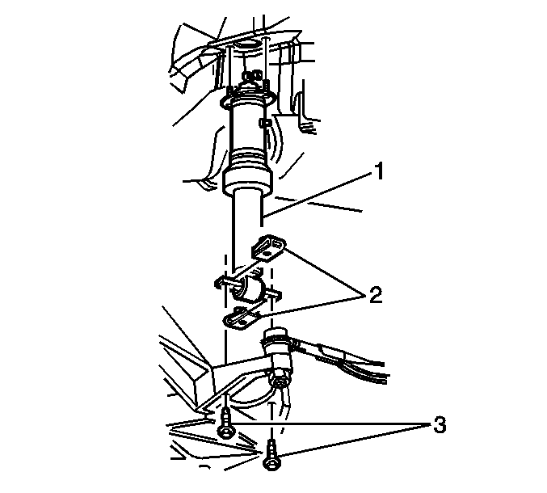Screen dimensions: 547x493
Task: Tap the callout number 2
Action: pyautogui.click(x=375, y=295)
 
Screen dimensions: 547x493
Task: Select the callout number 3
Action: pyautogui.click(x=440, y=425)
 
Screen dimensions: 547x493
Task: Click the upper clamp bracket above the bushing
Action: pyautogui.click(x=268, y=247)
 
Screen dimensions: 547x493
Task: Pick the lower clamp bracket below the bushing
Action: pyautogui.click(x=241, y=318)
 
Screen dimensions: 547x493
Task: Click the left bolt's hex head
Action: pyautogui.click(x=225, y=432)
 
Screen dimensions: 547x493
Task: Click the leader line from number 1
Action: pyautogui.click(x=318, y=195)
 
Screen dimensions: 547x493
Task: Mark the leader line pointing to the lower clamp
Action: pyautogui.click(x=312, y=305)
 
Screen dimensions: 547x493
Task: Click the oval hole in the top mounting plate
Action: pyautogui.click(x=248, y=44)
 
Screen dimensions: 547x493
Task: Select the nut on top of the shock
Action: pyautogui.click(x=253, y=76)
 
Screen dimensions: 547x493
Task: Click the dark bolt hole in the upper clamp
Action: pyautogui.click(x=267, y=253)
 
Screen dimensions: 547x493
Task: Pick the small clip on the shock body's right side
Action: pyautogui.click(x=264, y=123)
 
